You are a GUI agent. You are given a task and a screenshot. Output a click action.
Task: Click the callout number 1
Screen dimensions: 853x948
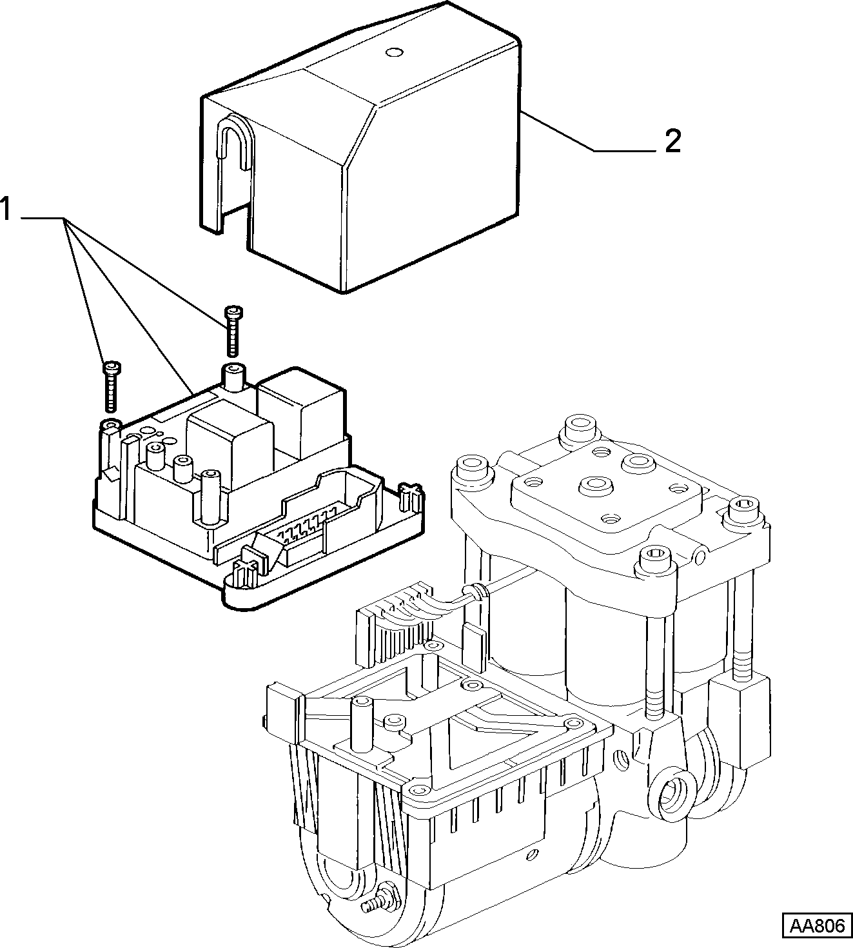point(6,210)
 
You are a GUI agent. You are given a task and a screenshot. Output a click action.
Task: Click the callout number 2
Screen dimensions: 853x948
point(672,141)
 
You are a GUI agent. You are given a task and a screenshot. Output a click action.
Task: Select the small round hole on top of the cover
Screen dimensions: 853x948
point(393,52)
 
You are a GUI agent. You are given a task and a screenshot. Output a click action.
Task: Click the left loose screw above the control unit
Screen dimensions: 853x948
point(112,386)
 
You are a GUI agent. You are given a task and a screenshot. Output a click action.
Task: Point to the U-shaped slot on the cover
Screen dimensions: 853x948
point(235,142)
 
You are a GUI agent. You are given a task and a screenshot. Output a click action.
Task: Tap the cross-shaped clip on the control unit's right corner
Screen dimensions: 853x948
point(410,498)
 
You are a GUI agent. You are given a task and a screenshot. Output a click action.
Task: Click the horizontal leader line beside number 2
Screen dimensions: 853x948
point(625,151)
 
